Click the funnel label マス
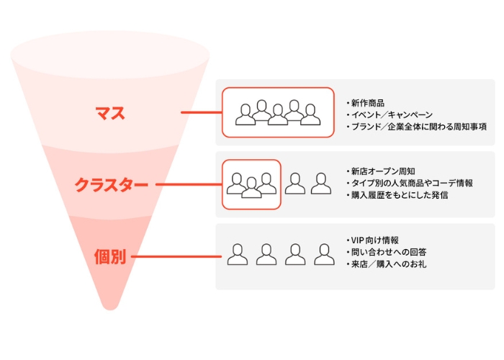click(x=110, y=113)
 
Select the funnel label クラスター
click(x=111, y=185)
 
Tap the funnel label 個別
click(x=110, y=257)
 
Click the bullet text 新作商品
click(x=368, y=103)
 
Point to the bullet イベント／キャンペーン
click(x=392, y=114)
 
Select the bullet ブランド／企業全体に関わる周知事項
click(x=419, y=127)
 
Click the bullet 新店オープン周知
click(x=383, y=171)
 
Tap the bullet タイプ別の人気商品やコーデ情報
click(x=412, y=183)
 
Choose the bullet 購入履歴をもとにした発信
click(x=400, y=195)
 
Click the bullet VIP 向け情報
click(x=375, y=240)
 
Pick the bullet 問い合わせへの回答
click(x=389, y=252)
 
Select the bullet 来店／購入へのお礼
click(x=389, y=264)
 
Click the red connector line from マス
click(x=202, y=112)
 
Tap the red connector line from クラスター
click(x=189, y=184)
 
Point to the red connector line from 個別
click(x=176, y=256)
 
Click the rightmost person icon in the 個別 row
click(x=324, y=255)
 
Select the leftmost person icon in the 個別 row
click(x=238, y=255)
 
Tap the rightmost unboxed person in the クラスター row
click(x=321, y=184)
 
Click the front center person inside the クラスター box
click(x=251, y=188)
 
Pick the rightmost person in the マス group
click(x=310, y=114)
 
